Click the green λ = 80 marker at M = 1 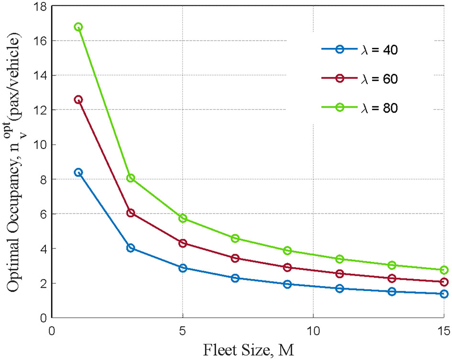click(78, 27)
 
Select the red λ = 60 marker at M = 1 click(78, 100)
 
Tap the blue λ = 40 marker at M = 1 click(78, 172)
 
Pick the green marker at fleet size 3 click(131, 178)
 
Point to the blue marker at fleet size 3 click(131, 248)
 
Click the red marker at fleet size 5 click(183, 243)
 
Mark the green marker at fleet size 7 click(235, 238)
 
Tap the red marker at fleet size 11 click(340, 274)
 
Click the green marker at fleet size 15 click(444, 270)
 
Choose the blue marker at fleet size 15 click(444, 294)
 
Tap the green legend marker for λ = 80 click(341, 108)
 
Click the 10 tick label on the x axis click(313, 331)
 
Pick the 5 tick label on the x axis click(183, 331)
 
